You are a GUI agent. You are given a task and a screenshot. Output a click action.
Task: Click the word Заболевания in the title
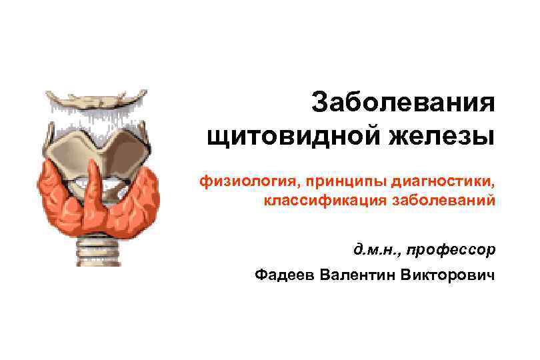(404, 103)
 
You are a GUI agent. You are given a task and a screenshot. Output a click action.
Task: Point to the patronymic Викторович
(449, 275)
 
